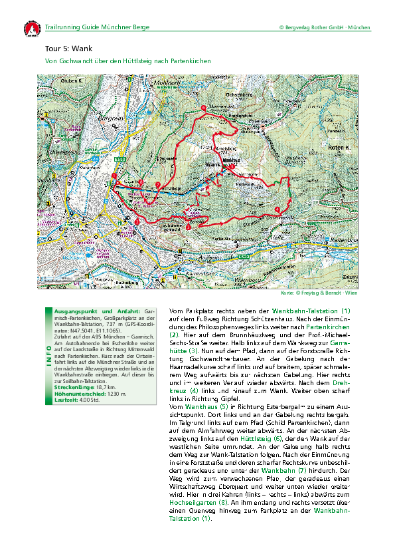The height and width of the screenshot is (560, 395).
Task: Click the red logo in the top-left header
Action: [31, 29]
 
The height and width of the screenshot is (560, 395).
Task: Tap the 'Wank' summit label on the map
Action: [212, 164]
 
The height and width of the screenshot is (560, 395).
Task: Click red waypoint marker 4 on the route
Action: [277, 211]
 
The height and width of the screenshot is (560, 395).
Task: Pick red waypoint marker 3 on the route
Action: [189, 227]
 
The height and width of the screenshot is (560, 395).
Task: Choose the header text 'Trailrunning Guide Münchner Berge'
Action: [97, 27]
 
